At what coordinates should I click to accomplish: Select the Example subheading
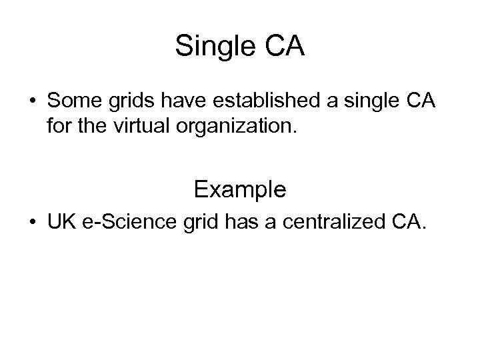coord(240,190)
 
